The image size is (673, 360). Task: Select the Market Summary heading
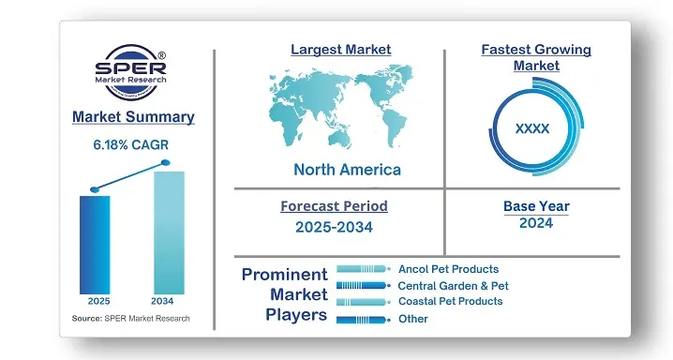point(134,117)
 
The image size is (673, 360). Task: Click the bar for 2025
point(95,244)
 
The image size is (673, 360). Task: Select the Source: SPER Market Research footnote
point(131,319)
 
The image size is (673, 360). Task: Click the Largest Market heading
point(340,49)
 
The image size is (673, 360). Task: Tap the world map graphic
point(345,108)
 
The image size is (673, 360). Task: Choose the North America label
point(347,170)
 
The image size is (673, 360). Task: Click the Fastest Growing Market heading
point(535,57)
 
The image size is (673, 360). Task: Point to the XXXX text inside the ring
point(532,128)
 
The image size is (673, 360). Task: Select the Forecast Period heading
point(334,206)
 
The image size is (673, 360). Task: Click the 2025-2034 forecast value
point(334,228)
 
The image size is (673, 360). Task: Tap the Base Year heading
point(535,206)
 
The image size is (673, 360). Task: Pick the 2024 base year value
point(535,223)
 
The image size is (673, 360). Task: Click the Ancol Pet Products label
point(448,269)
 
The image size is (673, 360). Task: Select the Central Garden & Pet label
point(454,285)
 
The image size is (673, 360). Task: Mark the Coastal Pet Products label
point(450,301)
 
